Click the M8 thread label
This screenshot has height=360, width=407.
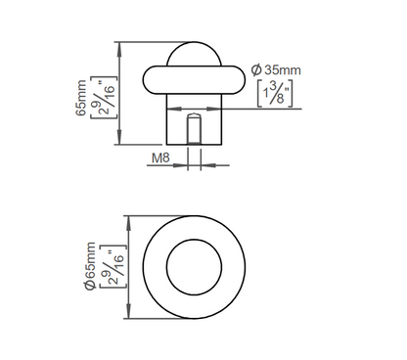[x=161, y=157]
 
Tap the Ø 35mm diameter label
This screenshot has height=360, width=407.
[x=276, y=70]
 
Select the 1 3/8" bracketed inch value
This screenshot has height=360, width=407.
[x=275, y=94]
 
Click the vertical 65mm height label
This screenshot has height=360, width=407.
[x=81, y=98]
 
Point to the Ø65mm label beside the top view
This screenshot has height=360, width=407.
[x=89, y=266]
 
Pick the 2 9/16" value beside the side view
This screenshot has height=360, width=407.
[x=104, y=98]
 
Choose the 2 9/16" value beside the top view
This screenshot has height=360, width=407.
[x=113, y=266]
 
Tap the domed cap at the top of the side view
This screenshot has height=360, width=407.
[x=194, y=53]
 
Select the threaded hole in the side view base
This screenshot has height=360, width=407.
[x=194, y=129]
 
